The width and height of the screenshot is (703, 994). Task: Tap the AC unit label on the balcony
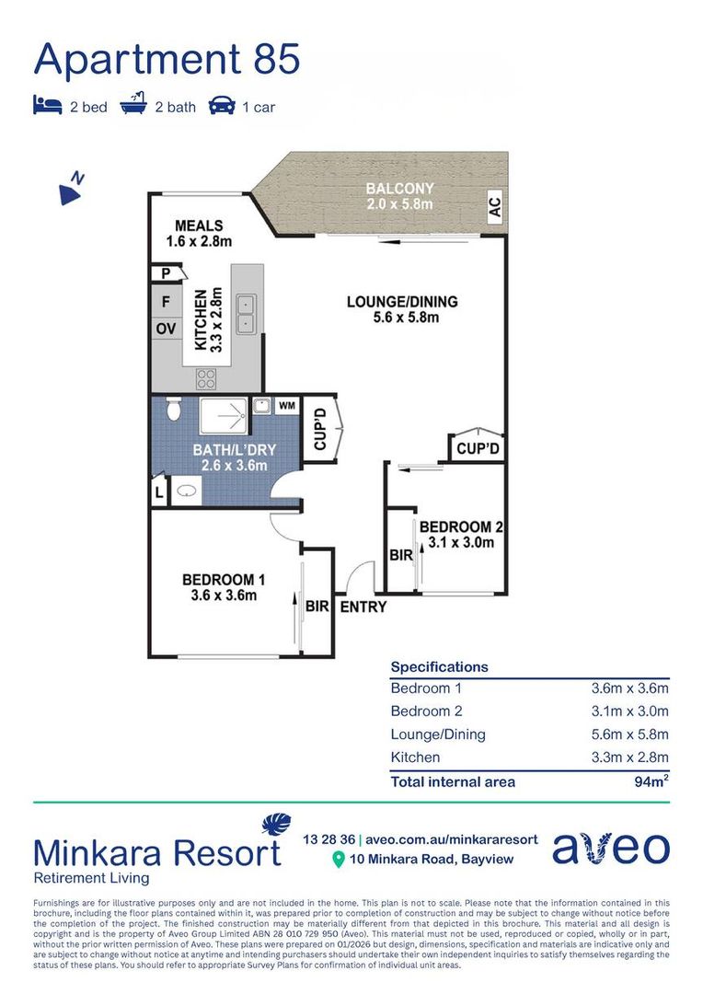494,207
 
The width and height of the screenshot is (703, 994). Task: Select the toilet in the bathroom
172,410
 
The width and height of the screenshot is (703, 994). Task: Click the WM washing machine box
286,405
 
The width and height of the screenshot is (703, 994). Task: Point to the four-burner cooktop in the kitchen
206,378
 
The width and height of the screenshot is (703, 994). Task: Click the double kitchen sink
246,315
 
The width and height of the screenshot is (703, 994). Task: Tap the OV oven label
166,329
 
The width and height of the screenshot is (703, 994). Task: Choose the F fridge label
166,301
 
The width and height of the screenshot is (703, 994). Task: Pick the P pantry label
166,273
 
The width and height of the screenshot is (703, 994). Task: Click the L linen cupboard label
159,492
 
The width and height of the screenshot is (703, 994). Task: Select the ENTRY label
363,607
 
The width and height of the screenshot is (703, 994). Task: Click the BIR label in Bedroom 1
317,606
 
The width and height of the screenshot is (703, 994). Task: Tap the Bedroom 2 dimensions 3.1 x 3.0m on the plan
461,542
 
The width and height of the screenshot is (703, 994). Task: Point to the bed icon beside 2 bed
48,105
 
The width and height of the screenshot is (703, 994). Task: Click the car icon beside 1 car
222,105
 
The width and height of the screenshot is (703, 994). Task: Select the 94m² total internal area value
651,781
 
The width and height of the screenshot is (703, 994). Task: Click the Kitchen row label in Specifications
415,757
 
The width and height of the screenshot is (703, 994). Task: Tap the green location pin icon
339,860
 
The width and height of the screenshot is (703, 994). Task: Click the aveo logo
611,848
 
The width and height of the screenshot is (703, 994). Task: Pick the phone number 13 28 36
329,839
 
